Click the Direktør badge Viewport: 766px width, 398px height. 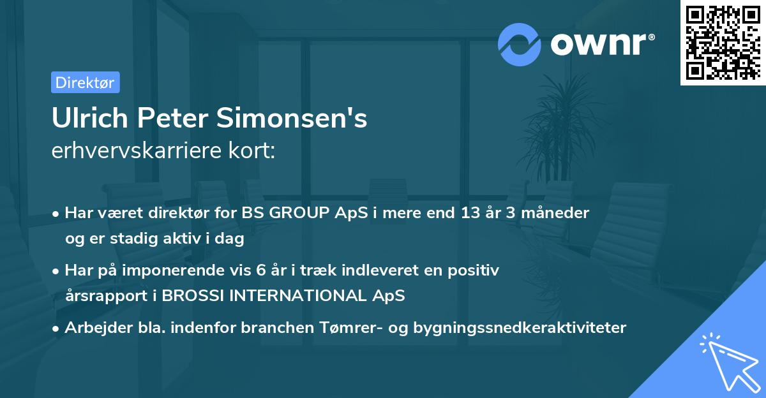(85, 82)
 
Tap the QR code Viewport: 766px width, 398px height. (723, 42)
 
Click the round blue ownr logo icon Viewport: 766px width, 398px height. (519, 45)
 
